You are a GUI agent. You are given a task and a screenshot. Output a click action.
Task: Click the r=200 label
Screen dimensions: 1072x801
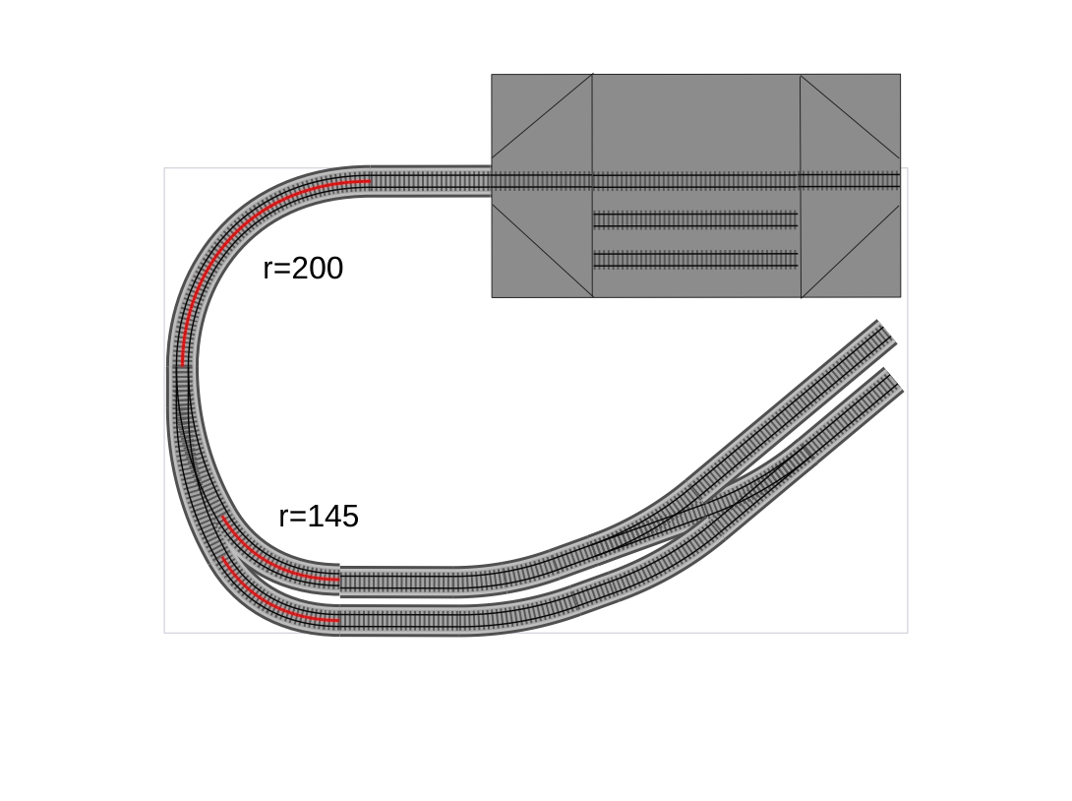303,268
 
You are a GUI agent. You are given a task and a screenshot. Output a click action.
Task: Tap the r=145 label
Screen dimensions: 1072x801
319,517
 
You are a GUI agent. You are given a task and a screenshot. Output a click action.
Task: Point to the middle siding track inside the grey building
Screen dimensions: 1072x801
695,220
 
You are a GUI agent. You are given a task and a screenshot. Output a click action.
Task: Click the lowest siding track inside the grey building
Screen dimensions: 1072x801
695,260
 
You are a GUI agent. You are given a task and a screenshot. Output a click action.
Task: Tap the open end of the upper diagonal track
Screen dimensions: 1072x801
887,331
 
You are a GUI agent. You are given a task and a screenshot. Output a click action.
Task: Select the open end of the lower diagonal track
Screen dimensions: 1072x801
894,380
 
